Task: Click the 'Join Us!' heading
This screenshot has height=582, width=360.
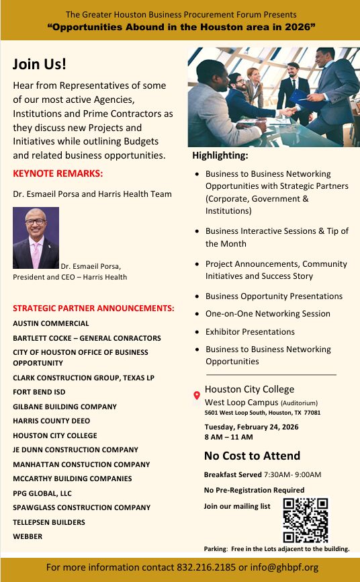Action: click(x=40, y=65)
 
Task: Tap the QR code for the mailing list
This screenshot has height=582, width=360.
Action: click(x=306, y=519)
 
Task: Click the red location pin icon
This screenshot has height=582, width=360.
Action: click(x=196, y=396)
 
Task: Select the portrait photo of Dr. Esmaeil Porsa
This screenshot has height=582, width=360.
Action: click(x=36, y=237)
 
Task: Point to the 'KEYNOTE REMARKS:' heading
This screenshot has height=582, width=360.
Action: click(x=58, y=174)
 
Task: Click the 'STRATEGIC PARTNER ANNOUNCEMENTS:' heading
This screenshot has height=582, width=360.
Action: click(x=93, y=308)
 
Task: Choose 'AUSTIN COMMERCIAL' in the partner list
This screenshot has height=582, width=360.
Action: click(x=50, y=323)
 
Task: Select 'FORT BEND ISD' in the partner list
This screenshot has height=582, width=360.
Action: click(x=39, y=392)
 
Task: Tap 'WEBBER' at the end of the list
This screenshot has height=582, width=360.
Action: click(x=28, y=536)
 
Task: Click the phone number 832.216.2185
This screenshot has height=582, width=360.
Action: click(x=206, y=567)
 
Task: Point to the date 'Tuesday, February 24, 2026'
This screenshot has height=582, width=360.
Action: click(x=252, y=427)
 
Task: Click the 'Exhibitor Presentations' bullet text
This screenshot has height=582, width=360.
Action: click(x=250, y=331)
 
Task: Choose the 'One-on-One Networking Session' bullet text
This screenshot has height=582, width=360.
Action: click(x=268, y=314)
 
